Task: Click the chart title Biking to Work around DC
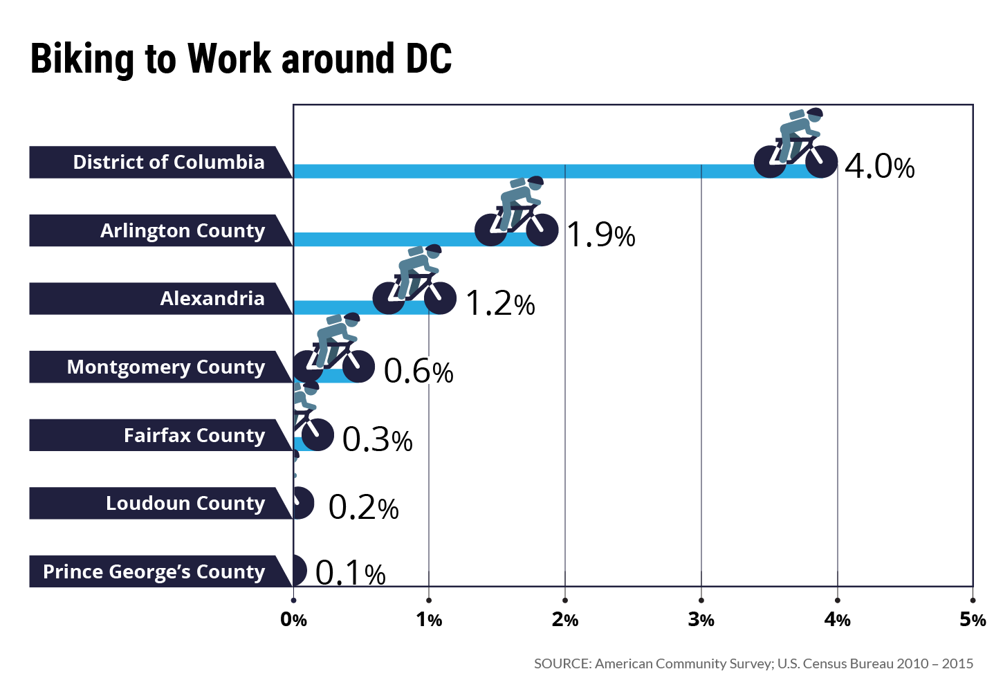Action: [241, 59]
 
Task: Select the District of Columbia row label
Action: [168, 162]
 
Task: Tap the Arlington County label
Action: [182, 230]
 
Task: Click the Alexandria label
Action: [212, 298]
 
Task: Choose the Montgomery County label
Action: [165, 367]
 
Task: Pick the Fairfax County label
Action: [194, 435]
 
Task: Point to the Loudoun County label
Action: [185, 503]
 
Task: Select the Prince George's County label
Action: [154, 571]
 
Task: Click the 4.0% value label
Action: [879, 167]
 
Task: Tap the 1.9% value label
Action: [600, 235]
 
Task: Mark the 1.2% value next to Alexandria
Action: [500, 303]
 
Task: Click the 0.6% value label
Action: [418, 372]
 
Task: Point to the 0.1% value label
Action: [350, 573]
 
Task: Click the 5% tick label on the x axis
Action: [972, 620]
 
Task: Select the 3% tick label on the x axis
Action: [701, 620]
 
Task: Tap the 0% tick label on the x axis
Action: [293, 620]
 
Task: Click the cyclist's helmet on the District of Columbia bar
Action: [815, 113]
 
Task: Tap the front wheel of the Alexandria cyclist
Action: [440, 298]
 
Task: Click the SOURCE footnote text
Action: [753, 663]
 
